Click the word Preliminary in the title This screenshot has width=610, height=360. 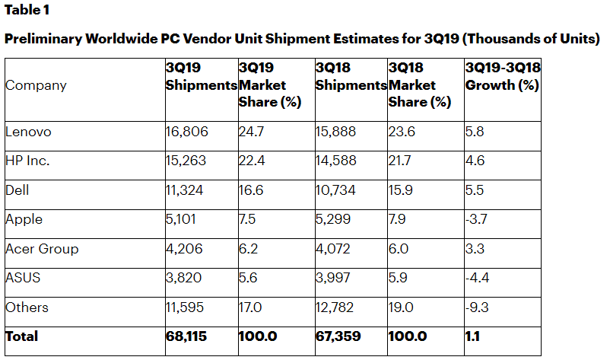pyautogui.click(x=44, y=40)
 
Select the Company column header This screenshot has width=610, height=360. pyautogui.click(x=36, y=86)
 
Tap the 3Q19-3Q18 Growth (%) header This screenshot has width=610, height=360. pyautogui.click(x=502, y=78)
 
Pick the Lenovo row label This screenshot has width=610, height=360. pyautogui.click(x=28, y=132)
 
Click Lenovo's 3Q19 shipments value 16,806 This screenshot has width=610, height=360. pyautogui.click(x=186, y=132)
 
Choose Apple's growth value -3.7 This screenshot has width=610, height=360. pyautogui.click(x=477, y=219)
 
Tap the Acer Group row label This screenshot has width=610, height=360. pyautogui.click(x=42, y=249)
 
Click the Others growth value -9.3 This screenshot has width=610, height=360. pyautogui.click(x=477, y=307)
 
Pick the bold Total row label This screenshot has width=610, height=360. pyautogui.click(x=21, y=336)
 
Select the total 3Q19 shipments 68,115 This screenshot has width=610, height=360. pyautogui.click(x=186, y=336)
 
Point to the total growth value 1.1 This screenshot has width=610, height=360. pyautogui.click(x=473, y=336)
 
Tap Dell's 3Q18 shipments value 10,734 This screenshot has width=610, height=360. pyautogui.click(x=335, y=190)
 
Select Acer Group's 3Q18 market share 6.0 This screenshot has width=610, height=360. pyautogui.click(x=399, y=249)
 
